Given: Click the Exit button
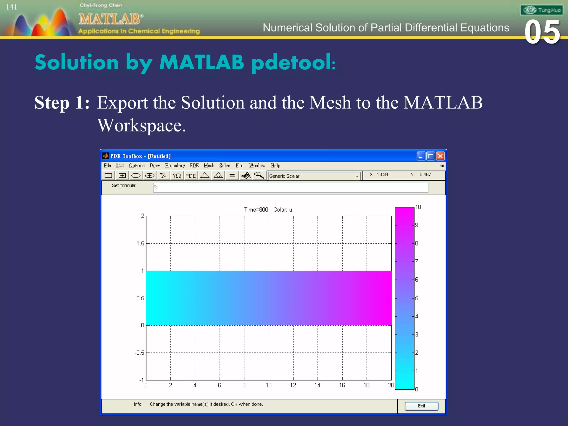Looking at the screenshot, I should [421, 406].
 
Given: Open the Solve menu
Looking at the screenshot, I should [225, 166].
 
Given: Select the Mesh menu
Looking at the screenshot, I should [209, 166].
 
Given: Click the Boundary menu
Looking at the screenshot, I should [175, 166].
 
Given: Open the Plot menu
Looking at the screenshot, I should [240, 166].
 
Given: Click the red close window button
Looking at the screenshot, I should [440, 156].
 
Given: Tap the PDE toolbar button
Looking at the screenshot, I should [191, 176].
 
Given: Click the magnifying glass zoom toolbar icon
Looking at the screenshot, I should [259, 175].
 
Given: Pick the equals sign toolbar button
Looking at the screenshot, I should [232, 175].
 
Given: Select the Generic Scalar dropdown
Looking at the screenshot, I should [314, 176].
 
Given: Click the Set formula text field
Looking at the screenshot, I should [290, 187].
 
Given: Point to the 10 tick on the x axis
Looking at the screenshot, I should [268, 385].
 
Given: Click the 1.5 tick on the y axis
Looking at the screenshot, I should [140, 244].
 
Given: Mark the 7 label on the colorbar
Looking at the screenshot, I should [417, 261].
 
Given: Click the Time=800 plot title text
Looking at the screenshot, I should [256, 210].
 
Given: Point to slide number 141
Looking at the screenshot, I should [12, 7].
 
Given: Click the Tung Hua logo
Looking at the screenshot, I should [541, 10].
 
